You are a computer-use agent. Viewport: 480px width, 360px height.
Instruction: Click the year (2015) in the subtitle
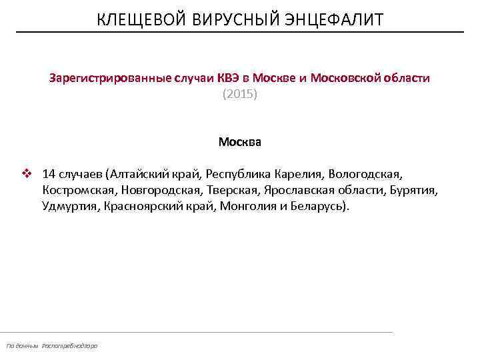click(239, 95)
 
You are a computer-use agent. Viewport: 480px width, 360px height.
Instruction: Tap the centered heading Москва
click(239, 142)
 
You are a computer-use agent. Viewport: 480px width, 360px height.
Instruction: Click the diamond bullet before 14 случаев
click(27, 174)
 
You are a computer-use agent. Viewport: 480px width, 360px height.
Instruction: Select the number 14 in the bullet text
click(49, 174)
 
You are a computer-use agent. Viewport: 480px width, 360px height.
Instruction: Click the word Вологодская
click(366, 174)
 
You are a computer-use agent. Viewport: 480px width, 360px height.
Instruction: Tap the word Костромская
click(79, 191)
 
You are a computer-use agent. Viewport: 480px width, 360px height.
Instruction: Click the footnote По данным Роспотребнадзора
click(51, 345)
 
